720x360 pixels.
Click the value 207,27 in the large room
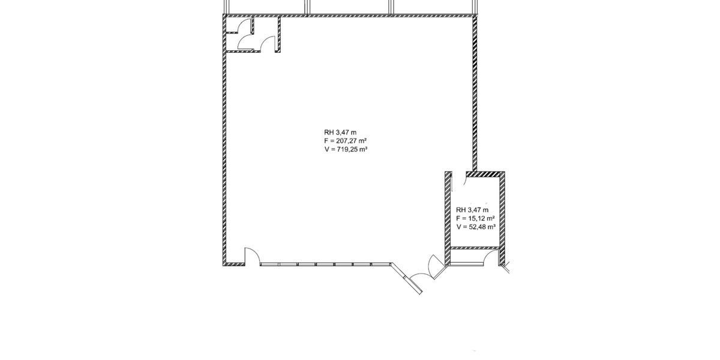click(347, 141)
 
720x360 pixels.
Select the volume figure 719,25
click(347, 149)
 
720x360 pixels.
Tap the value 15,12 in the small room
click(476, 218)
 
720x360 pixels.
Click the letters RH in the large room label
click(329, 132)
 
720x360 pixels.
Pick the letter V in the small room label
click(458, 227)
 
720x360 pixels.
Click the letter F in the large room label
click(326, 141)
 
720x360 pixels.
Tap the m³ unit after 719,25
click(364, 149)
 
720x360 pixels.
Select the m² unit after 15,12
click(491, 218)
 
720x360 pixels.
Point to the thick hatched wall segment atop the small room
click(483, 174)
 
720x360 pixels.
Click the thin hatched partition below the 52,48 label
click(475, 248)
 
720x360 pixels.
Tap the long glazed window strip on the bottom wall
click(325, 264)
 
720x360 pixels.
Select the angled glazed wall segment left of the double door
click(407, 278)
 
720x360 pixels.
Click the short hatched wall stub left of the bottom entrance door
click(234, 264)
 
